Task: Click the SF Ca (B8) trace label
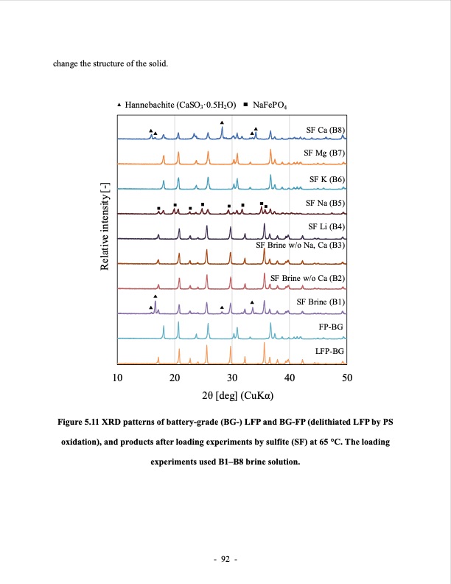[325, 130]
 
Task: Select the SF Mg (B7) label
[324, 153]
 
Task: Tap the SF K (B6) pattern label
[326, 179]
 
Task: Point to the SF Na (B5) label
[325, 202]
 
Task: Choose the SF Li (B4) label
[326, 226]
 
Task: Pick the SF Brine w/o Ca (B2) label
[307, 277]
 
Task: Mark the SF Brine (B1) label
[320, 302]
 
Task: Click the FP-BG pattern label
[331, 326]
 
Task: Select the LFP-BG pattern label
[329, 352]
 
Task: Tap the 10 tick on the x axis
[116, 378]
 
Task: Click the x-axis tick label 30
[232, 378]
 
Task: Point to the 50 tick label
[348, 378]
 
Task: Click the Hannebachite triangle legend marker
[120, 105]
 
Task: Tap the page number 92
[225, 560]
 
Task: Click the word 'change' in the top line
[67, 62]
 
